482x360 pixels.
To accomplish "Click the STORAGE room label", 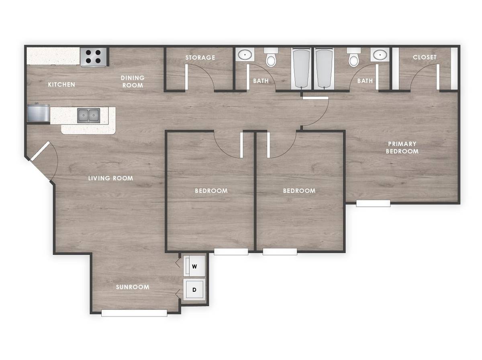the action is (x=200, y=57).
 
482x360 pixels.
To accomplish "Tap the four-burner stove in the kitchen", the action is (x=93, y=57).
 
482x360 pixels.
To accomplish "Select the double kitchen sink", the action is (x=88, y=116).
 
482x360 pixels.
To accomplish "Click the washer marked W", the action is (x=194, y=266).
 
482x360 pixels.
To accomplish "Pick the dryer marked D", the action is (x=194, y=290).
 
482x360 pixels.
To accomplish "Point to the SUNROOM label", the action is (x=133, y=287).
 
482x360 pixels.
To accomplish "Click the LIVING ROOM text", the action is (x=110, y=178).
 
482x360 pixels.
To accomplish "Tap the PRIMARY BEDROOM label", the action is (x=402, y=147).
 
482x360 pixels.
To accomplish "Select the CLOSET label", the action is (x=425, y=57).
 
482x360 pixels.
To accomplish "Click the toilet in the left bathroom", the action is (x=271, y=57).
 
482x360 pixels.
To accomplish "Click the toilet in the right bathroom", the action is (x=354, y=57).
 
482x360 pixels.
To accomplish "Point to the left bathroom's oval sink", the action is (x=245, y=55).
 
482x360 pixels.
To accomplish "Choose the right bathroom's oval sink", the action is (x=380, y=55).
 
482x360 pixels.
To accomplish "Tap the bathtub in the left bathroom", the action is (x=301, y=69).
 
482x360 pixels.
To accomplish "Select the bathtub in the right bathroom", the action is (x=324, y=69).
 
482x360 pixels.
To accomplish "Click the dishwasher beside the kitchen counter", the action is (x=39, y=113).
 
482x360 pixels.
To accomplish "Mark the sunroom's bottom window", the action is (x=134, y=313).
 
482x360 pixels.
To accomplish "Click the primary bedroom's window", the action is (x=373, y=203).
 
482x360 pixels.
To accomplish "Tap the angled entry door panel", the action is (x=40, y=151).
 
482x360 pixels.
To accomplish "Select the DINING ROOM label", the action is (x=133, y=81).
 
